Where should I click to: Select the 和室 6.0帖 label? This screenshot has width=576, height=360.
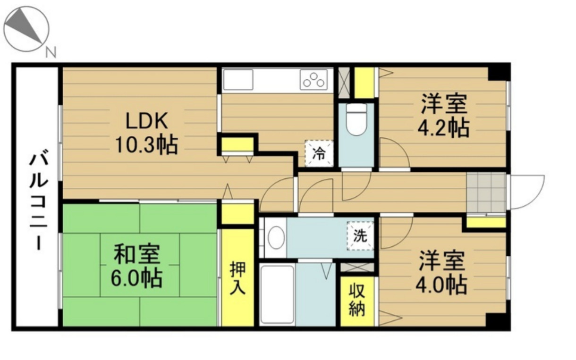tap(137, 266)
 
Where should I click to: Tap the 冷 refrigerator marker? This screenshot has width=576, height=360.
tap(319, 153)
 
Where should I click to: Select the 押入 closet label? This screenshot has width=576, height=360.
tap(237, 278)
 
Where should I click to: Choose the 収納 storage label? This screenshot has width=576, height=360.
tap(357, 300)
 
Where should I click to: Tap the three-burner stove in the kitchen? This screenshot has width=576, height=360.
tap(313, 79)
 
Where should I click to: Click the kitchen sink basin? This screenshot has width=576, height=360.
tap(238, 80)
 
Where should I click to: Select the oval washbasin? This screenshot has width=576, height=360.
tap(276, 238)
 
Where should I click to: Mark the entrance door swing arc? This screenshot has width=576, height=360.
tap(526, 192)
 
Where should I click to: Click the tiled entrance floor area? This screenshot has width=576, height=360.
tap(486, 193)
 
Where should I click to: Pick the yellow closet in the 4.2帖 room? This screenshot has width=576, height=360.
tap(364, 83)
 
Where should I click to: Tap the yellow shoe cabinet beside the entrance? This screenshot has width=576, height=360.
tap(486, 222)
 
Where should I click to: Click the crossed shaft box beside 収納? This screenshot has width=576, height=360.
tap(357, 268)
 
